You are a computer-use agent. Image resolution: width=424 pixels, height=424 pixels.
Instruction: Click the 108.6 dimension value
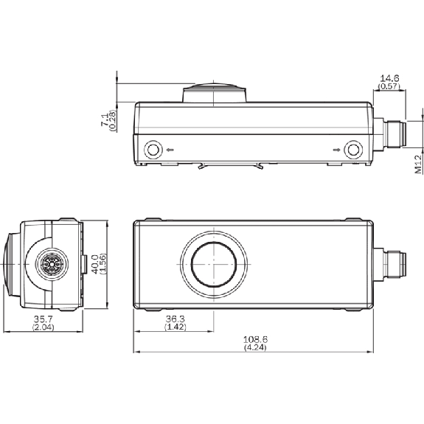click(255, 339)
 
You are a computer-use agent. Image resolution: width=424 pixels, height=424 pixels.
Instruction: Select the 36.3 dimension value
click(175, 319)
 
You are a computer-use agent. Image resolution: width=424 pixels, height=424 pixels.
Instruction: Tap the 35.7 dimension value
click(44, 319)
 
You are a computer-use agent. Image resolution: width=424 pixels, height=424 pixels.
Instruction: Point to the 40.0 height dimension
click(95, 264)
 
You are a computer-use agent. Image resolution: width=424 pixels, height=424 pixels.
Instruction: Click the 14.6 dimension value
click(389, 78)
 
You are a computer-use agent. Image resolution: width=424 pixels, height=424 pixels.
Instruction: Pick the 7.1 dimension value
click(105, 119)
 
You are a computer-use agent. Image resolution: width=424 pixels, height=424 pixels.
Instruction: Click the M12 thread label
click(418, 164)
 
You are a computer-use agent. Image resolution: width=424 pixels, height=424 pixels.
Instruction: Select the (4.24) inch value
click(255, 347)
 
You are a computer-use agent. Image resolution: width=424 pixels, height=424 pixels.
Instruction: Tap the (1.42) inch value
click(175, 327)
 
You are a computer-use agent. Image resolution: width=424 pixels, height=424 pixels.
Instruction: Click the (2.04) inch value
click(44, 327)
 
